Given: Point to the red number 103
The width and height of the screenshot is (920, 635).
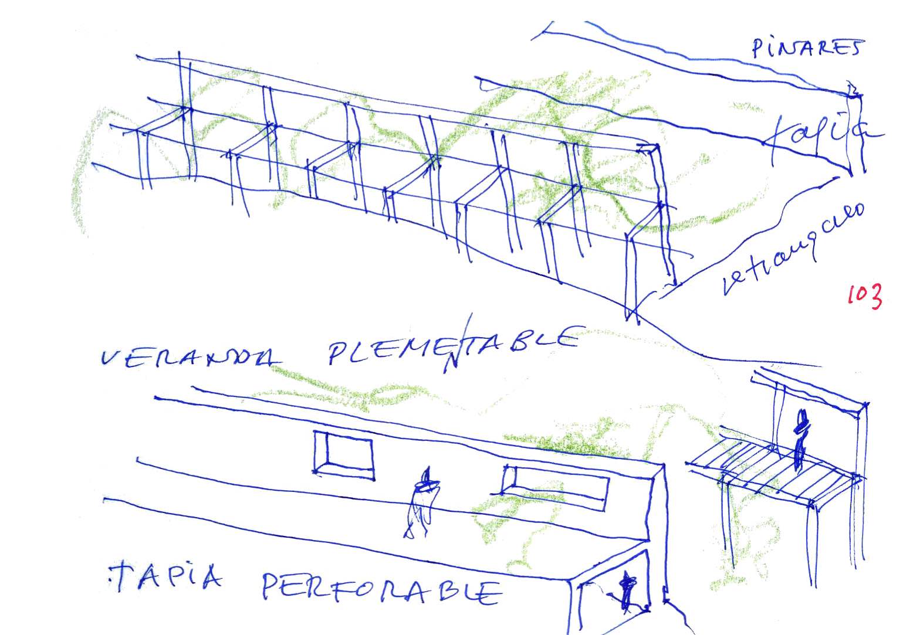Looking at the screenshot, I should point(864,296).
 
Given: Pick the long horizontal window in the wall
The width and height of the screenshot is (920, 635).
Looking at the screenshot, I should point(555,486).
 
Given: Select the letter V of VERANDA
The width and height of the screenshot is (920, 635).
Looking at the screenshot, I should point(111,358).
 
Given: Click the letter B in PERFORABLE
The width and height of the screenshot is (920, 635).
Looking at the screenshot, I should point(449,592).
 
